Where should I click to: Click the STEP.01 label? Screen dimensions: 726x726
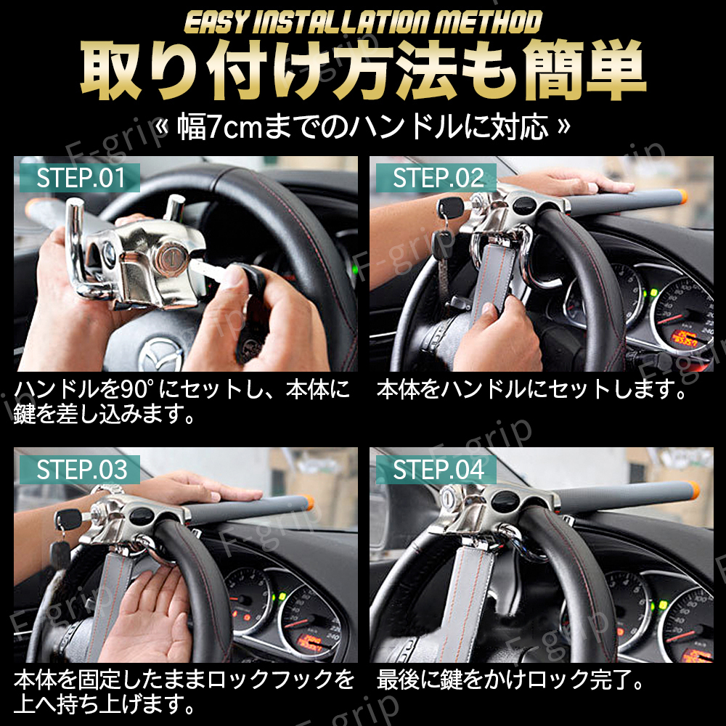(81, 179)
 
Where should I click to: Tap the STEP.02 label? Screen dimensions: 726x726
(438, 179)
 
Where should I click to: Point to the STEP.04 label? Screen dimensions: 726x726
(438, 470)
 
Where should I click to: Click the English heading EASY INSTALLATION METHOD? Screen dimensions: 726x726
(363, 23)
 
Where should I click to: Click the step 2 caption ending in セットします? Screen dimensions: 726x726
(531, 391)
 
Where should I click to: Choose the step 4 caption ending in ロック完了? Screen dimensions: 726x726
(511, 681)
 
